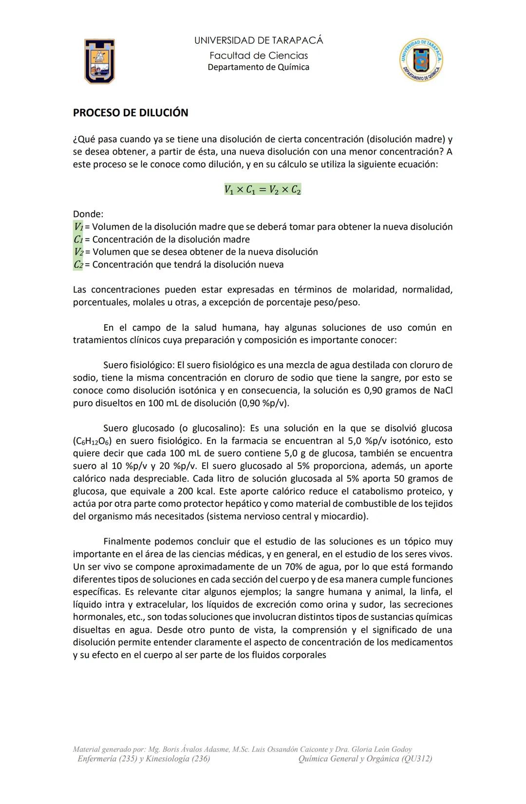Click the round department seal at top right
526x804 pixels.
(x=421, y=60)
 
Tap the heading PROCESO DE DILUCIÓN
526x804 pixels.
(x=130, y=113)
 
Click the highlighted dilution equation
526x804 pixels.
(x=263, y=190)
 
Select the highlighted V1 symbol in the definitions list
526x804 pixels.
(x=78, y=227)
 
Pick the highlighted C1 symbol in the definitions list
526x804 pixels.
(x=78, y=239)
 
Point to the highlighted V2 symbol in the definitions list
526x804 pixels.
(x=78, y=252)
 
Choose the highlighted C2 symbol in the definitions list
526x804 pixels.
(x=78, y=265)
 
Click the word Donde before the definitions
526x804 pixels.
(x=88, y=214)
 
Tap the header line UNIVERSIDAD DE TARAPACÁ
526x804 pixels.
(x=259, y=40)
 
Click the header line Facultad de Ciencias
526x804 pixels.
(x=259, y=56)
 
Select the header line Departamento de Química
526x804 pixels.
(x=259, y=67)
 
